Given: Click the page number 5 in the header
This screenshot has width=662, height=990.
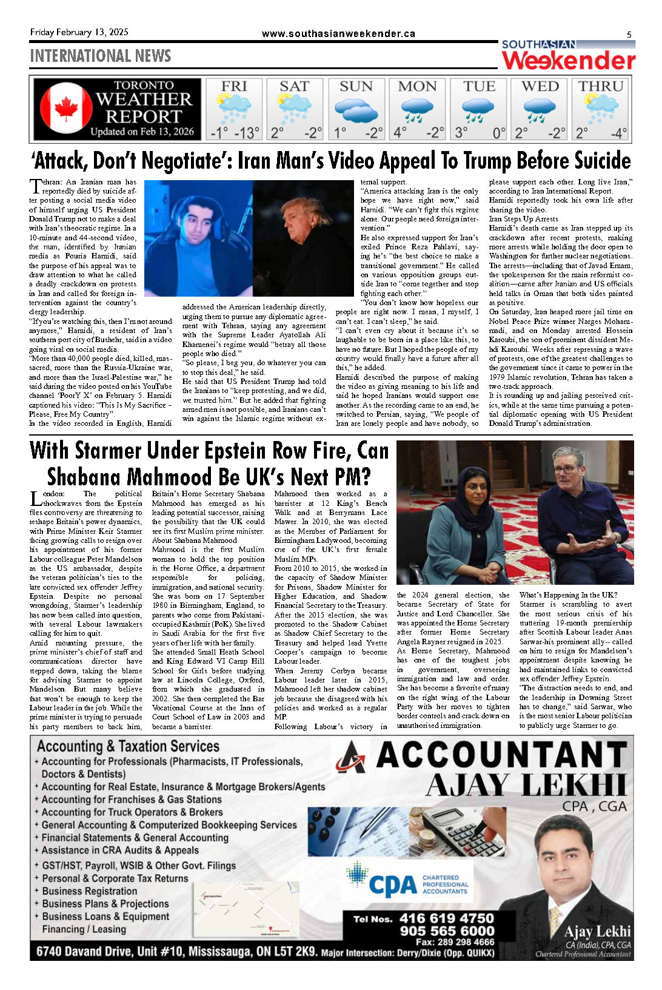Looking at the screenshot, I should pyautogui.click(x=629, y=35).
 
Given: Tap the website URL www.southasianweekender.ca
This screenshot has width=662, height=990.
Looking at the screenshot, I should pyautogui.click(x=338, y=34).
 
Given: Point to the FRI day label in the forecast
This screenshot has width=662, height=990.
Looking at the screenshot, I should pyautogui.click(x=233, y=86).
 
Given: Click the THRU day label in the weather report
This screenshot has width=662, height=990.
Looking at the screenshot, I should pyautogui.click(x=601, y=86).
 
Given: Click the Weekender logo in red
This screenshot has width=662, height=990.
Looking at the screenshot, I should pyautogui.click(x=569, y=61).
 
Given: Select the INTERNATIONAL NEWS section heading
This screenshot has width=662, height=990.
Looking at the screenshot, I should pyautogui.click(x=101, y=56).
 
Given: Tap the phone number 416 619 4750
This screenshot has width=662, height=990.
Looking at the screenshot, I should pyautogui.click(x=447, y=918).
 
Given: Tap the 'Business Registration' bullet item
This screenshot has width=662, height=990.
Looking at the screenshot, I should pyautogui.click(x=90, y=891).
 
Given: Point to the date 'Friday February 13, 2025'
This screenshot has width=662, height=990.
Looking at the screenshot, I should pyautogui.click(x=79, y=32).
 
